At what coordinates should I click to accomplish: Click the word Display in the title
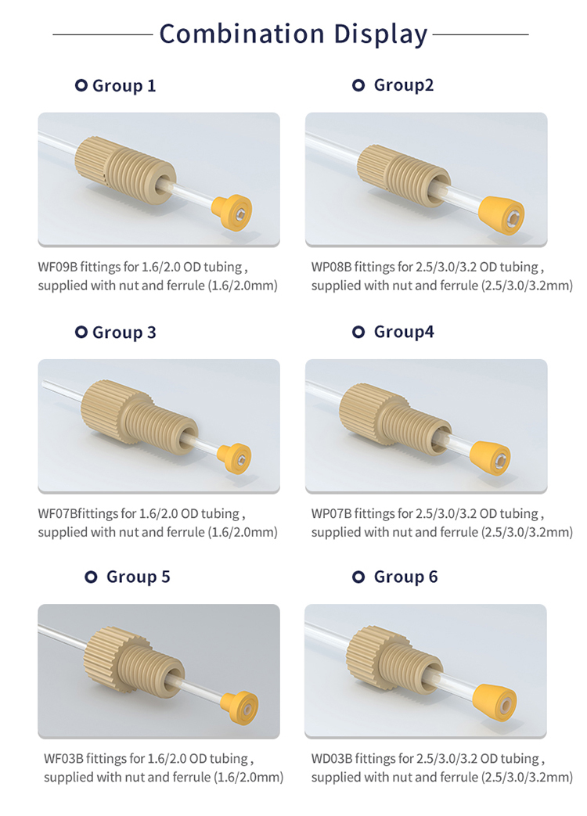pyautogui.click(x=380, y=34)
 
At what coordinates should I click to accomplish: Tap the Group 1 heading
pyautogui.click(x=124, y=86)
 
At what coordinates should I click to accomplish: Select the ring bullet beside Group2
pyautogui.click(x=358, y=85)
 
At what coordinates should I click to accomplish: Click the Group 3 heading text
pyautogui.click(x=124, y=333)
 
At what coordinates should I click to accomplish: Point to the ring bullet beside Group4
pyautogui.click(x=358, y=333)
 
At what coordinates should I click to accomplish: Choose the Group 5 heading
pyautogui.click(x=138, y=577)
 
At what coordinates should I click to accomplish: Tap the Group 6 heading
pyautogui.click(x=405, y=577)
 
